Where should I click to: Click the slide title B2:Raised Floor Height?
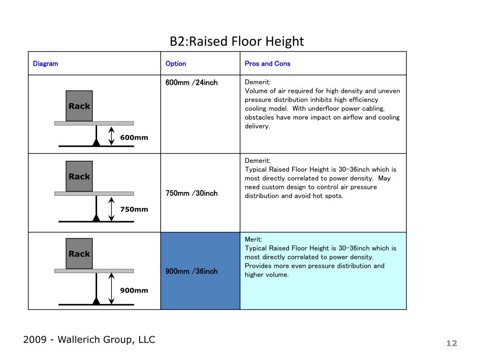click(237, 41)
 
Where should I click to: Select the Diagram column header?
click(45, 64)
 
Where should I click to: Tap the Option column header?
click(176, 64)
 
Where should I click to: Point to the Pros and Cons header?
click(268, 64)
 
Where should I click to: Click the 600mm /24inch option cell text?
click(192, 82)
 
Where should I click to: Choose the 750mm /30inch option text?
click(192, 194)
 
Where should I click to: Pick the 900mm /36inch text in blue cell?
click(192, 271)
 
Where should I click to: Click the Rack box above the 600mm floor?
click(79, 106)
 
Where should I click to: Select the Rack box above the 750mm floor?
click(79, 176)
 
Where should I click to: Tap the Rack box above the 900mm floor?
click(79, 254)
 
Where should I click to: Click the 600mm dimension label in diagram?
click(134, 138)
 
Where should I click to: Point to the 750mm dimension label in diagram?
click(134, 210)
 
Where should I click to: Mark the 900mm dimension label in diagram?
click(134, 291)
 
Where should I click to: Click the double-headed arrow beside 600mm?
click(112, 136)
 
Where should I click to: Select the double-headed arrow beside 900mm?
click(112, 288)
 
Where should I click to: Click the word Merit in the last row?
click(253, 240)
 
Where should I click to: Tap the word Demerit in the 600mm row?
click(257, 82)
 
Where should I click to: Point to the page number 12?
click(451, 344)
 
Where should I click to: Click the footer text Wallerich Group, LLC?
click(106, 340)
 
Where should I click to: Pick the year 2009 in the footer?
click(35, 340)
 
